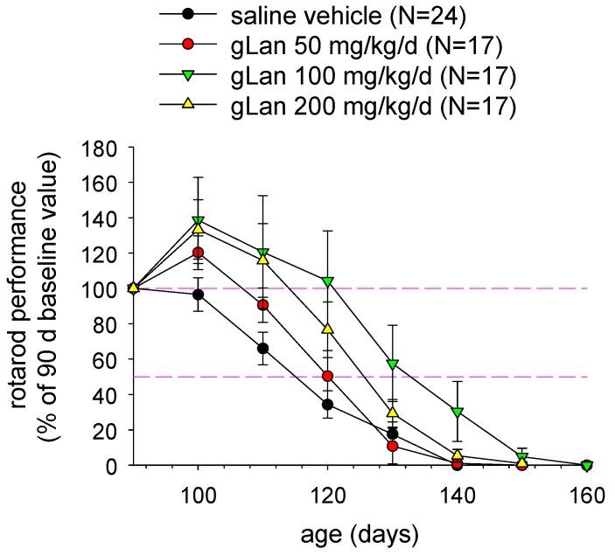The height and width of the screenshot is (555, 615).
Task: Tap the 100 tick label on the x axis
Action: (x=198, y=496)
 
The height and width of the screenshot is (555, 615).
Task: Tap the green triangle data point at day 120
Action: (x=327, y=281)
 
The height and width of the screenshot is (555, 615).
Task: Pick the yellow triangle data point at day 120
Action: (x=327, y=329)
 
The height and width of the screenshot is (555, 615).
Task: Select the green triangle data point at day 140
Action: (x=456, y=413)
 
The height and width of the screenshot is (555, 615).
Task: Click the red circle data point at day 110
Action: (x=262, y=305)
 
